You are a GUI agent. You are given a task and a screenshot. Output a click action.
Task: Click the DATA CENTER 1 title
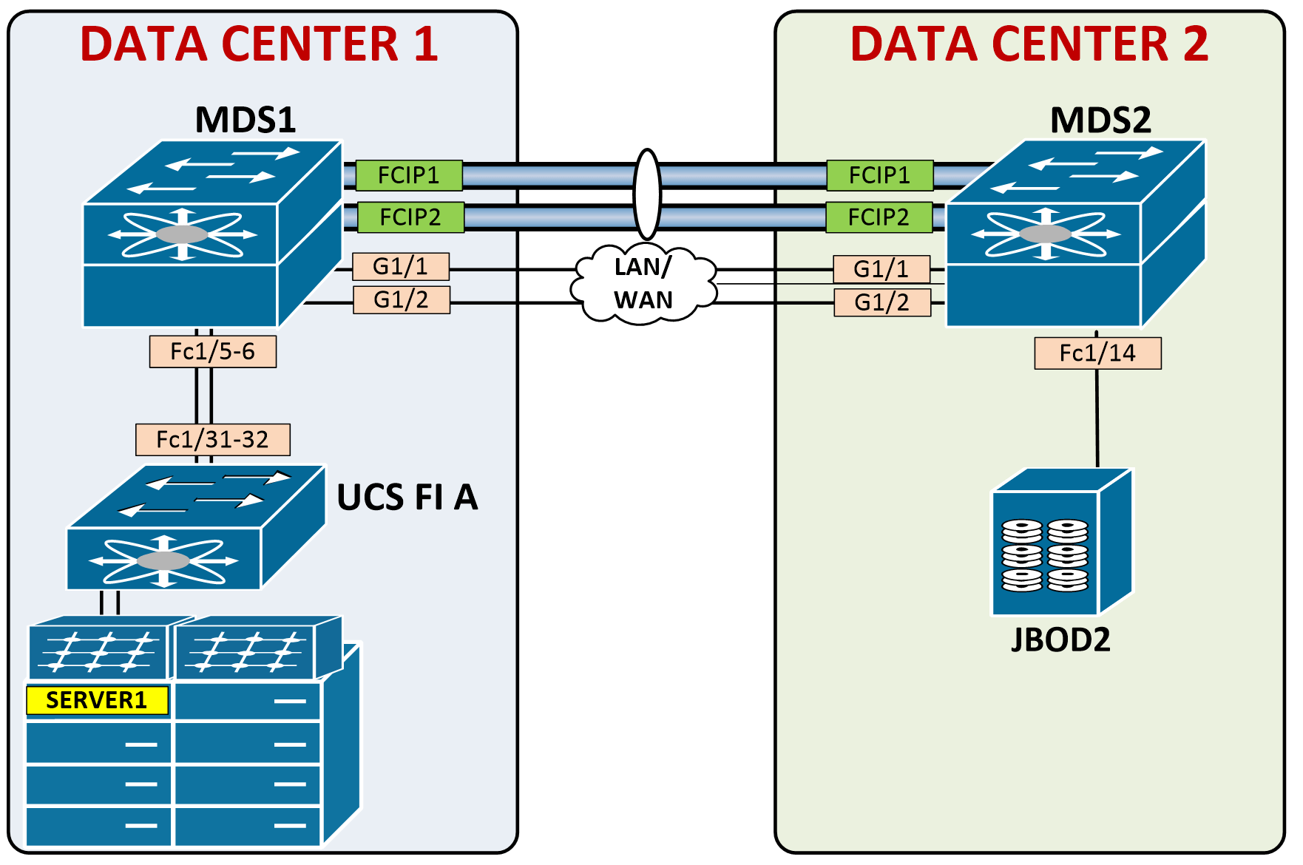(x=259, y=44)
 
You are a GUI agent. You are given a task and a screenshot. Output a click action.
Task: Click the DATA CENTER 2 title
(x=1029, y=44)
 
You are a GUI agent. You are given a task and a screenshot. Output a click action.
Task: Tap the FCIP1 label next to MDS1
(x=409, y=175)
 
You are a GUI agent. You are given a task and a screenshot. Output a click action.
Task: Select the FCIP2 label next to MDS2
(x=879, y=217)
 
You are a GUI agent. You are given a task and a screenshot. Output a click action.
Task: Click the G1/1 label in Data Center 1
(x=400, y=266)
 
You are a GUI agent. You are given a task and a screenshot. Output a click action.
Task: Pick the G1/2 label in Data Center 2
(x=881, y=302)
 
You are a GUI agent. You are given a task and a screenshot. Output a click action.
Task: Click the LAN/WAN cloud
(x=643, y=285)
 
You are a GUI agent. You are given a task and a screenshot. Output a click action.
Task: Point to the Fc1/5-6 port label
(x=212, y=351)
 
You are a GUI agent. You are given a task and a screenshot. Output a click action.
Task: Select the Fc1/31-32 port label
(x=212, y=440)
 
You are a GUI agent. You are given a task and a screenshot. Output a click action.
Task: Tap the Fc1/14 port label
(x=1097, y=353)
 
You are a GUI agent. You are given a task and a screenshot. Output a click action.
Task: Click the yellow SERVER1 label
(x=97, y=700)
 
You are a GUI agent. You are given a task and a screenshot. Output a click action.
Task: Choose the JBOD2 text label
(x=1060, y=640)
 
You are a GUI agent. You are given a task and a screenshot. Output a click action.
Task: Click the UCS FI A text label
(x=407, y=498)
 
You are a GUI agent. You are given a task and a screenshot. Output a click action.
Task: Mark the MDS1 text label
(x=245, y=120)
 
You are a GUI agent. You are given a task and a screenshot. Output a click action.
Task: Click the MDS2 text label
(x=1100, y=120)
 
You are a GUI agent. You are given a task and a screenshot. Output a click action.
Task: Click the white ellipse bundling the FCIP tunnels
(x=647, y=194)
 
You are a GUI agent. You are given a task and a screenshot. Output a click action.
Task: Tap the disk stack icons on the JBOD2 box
(x=1045, y=555)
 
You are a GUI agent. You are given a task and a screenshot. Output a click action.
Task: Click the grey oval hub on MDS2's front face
(x=1045, y=234)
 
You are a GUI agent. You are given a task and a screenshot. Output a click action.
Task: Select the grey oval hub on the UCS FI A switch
(x=163, y=561)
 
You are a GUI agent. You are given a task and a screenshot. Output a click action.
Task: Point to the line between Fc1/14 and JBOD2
(x=1097, y=418)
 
